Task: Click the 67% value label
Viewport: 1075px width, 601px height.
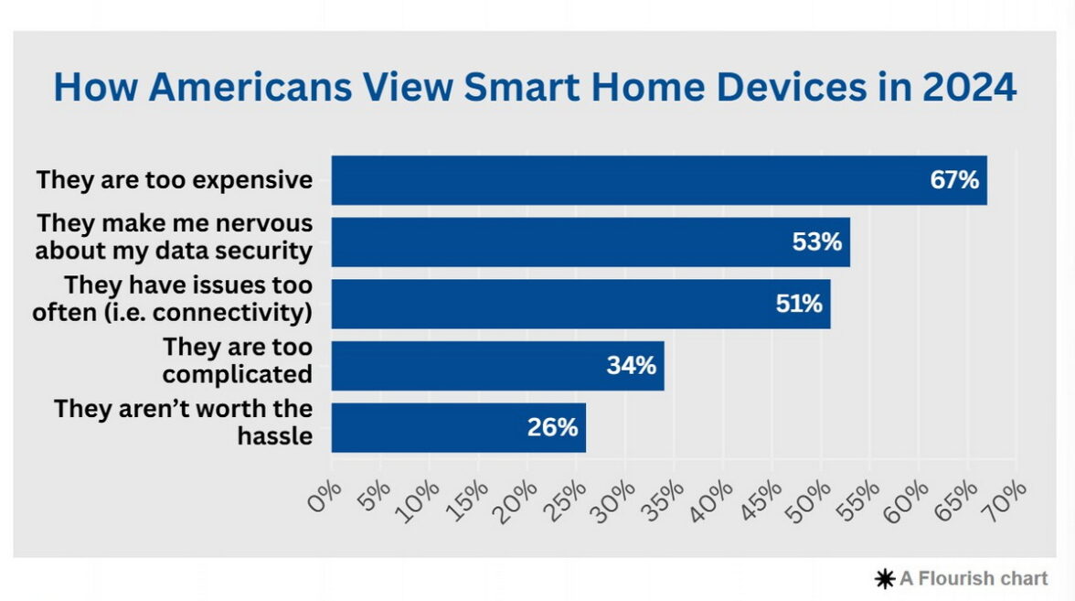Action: (954, 179)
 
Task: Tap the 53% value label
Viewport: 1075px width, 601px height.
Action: (816, 241)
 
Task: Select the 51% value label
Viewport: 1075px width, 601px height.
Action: (799, 304)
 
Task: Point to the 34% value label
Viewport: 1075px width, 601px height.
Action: (631, 365)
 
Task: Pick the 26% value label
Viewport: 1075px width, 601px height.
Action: (552, 426)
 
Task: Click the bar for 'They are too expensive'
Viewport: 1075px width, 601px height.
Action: (659, 179)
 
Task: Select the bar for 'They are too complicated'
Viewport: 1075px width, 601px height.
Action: (497, 366)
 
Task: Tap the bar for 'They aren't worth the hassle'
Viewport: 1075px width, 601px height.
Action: (459, 427)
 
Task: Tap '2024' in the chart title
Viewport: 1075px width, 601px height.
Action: (969, 87)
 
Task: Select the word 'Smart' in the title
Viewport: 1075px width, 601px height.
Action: (522, 87)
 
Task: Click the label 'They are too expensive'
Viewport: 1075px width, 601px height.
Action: (175, 179)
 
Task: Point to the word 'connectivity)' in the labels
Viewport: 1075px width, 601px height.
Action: (232, 312)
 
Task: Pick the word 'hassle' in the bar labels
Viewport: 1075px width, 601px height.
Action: (275, 435)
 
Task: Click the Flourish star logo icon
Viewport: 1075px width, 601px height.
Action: (885, 579)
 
